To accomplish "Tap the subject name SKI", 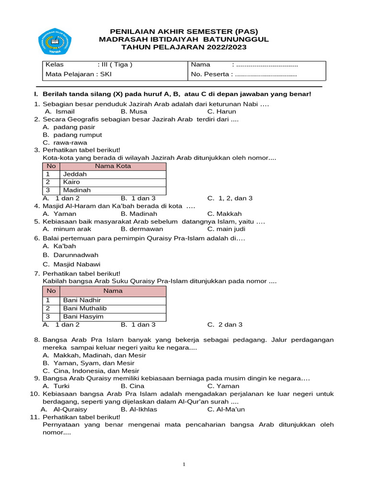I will [106, 74].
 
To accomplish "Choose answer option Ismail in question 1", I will [65, 111].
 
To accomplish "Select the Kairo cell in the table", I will [71, 182].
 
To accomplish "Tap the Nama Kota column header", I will [113, 167].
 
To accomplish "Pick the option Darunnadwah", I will [76, 255].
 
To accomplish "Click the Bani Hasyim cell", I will [83, 317].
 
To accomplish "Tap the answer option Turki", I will [61, 386].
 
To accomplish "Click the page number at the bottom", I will [184, 465].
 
